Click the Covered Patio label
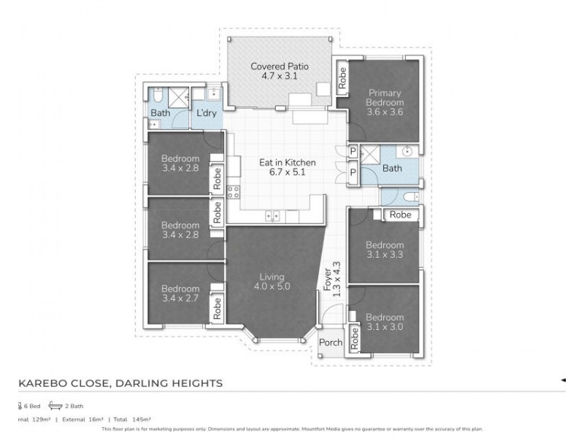point(280,71)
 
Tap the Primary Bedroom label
point(385,102)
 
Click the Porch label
point(331,342)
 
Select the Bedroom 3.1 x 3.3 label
point(384,250)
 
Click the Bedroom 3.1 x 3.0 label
point(384,322)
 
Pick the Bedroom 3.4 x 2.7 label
point(180,293)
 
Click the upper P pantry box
point(353,152)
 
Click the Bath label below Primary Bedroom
point(392,169)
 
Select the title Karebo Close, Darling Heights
point(120,383)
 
